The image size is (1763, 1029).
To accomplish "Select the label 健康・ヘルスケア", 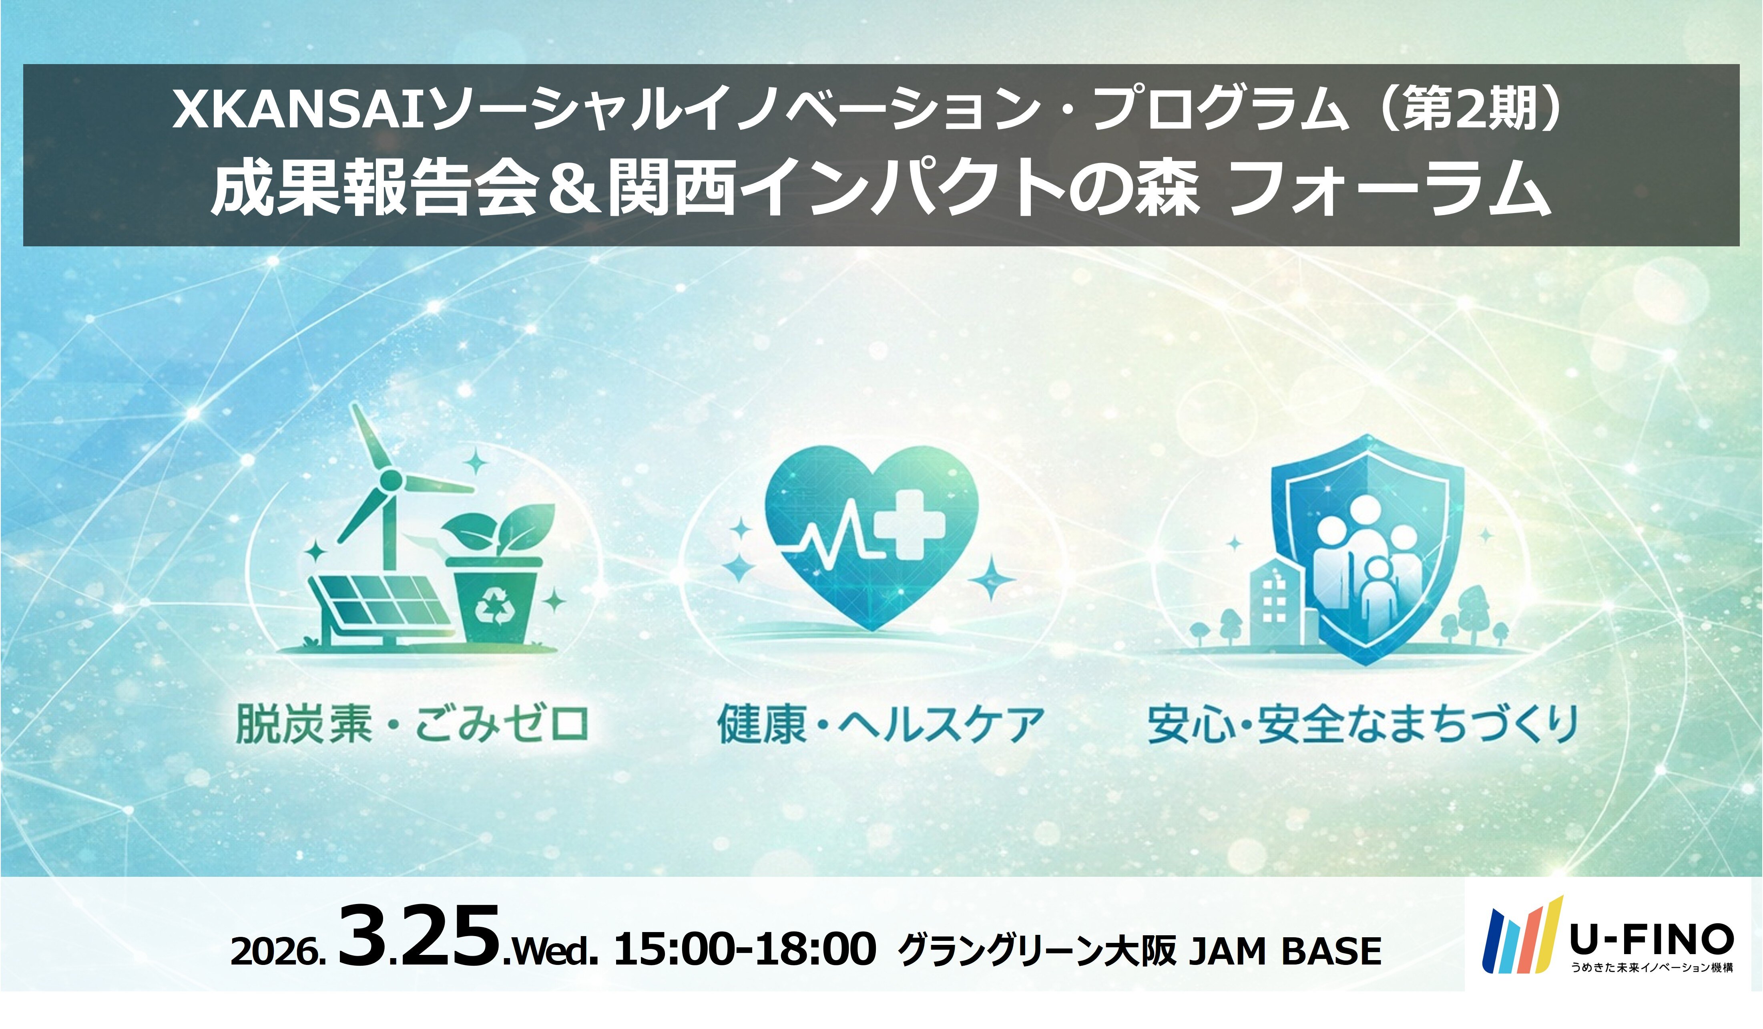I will [x=880, y=725].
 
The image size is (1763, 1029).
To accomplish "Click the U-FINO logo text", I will [x=1651, y=939].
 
